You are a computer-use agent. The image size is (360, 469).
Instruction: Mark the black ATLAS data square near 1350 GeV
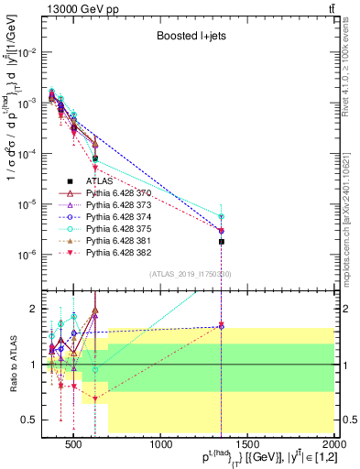[222, 242]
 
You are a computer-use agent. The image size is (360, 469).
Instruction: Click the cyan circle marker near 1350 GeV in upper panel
[222, 217]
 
